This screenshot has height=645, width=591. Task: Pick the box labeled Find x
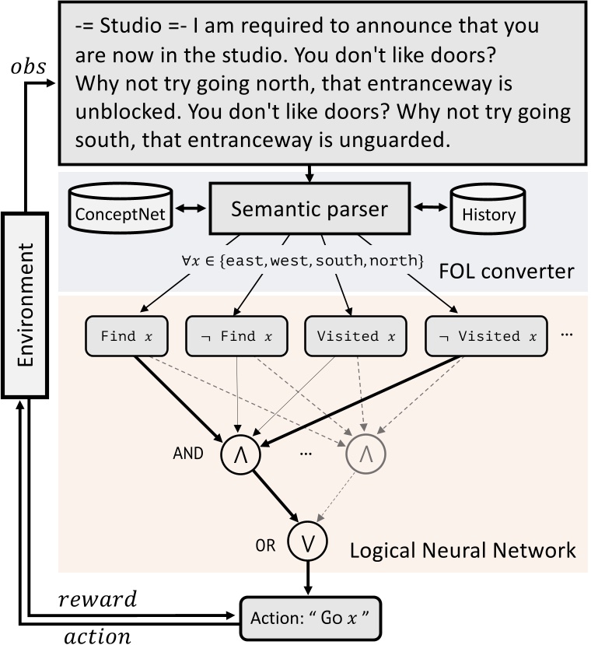128,336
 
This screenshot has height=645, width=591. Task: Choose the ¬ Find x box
231,336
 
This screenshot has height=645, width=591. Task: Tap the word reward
97,600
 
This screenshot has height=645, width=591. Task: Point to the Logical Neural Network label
463,550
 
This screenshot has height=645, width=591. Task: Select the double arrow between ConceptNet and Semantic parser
191,208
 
